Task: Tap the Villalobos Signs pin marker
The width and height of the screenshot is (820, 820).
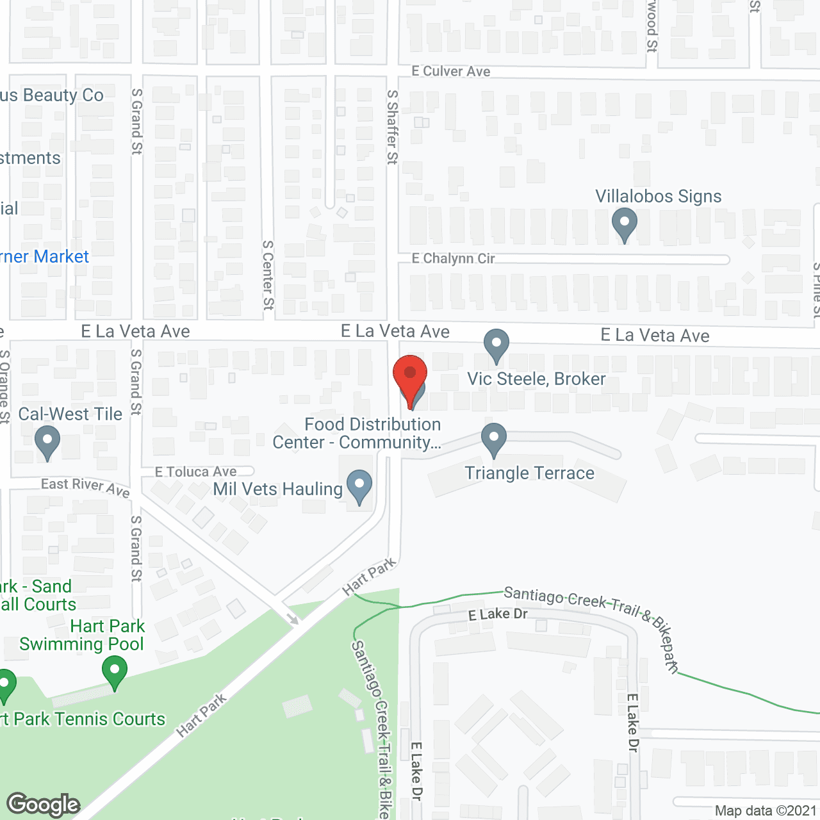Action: point(624,224)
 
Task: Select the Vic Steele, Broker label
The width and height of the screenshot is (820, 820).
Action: point(536,379)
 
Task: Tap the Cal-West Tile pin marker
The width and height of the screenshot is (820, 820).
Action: point(47,443)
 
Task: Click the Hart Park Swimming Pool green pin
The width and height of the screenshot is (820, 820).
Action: point(115,672)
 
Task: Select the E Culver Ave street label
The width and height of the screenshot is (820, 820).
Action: point(451,72)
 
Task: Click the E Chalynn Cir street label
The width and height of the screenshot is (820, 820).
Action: point(453,259)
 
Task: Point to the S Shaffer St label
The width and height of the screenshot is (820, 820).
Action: point(392,127)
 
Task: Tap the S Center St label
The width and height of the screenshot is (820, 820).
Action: point(268,275)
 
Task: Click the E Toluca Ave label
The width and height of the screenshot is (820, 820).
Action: point(196,472)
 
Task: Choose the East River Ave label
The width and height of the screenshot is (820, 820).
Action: point(85,487)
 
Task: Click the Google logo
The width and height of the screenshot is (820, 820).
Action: point(44,805)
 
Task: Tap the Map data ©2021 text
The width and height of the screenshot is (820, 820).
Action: point(766,811)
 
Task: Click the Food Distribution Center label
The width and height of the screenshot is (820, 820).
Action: point(357,434)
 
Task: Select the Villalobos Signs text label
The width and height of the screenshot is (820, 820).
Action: point(658,197)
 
